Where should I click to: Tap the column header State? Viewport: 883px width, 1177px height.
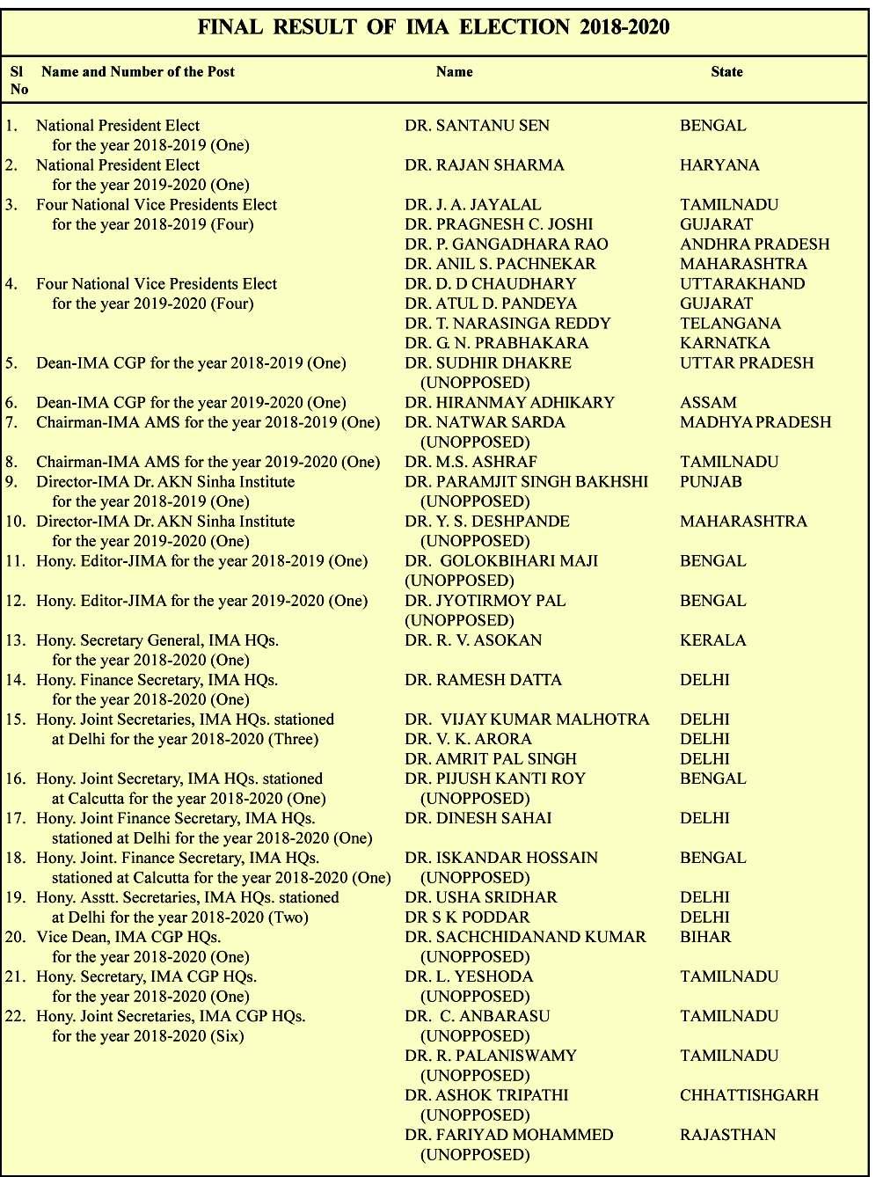point(726,72)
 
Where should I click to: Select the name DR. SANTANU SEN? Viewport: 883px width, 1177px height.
point(477,126)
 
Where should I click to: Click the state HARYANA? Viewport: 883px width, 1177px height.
point(719,165)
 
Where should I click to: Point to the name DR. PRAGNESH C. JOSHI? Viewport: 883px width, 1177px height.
point(499,224)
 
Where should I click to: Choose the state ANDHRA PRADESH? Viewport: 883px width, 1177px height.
point(755,245)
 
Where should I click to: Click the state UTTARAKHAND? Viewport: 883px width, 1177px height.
point(742,284)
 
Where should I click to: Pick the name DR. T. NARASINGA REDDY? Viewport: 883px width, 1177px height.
point(507,324)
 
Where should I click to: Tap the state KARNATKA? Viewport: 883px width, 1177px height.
point(725,343)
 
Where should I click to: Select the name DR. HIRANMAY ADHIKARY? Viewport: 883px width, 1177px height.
point(509,403)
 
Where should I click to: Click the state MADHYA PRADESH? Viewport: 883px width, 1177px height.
point(755,422)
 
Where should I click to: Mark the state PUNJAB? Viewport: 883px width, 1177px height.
point(711,482)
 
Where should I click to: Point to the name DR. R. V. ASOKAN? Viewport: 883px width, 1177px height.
point(473,640)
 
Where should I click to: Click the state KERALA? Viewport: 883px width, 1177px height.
point(712,640)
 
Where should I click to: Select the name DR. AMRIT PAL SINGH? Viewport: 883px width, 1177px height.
point(491,759)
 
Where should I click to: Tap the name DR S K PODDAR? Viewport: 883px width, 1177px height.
point(467,917)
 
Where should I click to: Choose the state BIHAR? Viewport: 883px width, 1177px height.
point(705,937)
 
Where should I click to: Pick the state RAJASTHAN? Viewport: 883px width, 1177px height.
point(727,1135)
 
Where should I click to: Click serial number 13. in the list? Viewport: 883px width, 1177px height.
point(16,640)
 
